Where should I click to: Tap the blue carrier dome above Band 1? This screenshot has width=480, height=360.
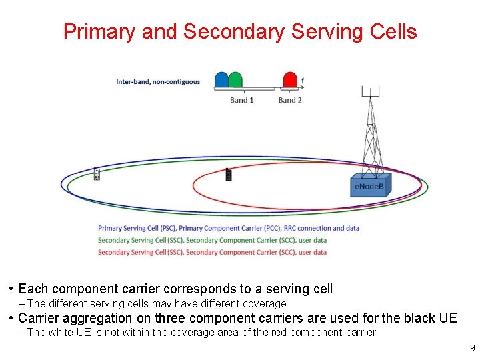pyautogui.click(x=221, y=80)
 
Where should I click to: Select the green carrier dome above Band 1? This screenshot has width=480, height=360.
pyautogui.click(x=235, y=80)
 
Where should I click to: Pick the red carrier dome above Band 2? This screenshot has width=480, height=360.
pyautogui.click(x=290, y=80)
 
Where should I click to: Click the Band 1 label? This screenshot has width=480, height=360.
pyautogui.click(x=242, y=100)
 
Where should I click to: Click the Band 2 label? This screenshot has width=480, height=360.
pyautogui.click(x=290, y=100)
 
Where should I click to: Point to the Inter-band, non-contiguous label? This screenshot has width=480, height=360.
pyautogui.click(x=158, y=82)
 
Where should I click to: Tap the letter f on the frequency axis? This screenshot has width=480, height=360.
pyautogui.click(x=303, y=81)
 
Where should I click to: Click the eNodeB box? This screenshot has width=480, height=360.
pyautogui.click(x=370, y=186)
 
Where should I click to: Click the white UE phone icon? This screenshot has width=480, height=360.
pyautogui.click(x=97, y=175)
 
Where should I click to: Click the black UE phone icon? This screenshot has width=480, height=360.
pyautogui.click(x=228, y=175)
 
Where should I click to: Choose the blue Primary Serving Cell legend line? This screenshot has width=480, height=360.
pyautogui.click(x=228, y=228)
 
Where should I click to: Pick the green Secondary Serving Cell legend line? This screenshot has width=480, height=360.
pyautogui.click(x=212, y=240)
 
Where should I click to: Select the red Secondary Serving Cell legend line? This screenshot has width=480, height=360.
pyautogui.click(x=212, y=252)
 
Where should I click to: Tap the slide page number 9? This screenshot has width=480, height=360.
pyautogui.click(x=472, y=348)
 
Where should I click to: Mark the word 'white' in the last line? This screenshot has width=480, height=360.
pyautogui.click(x=63, y=332)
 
